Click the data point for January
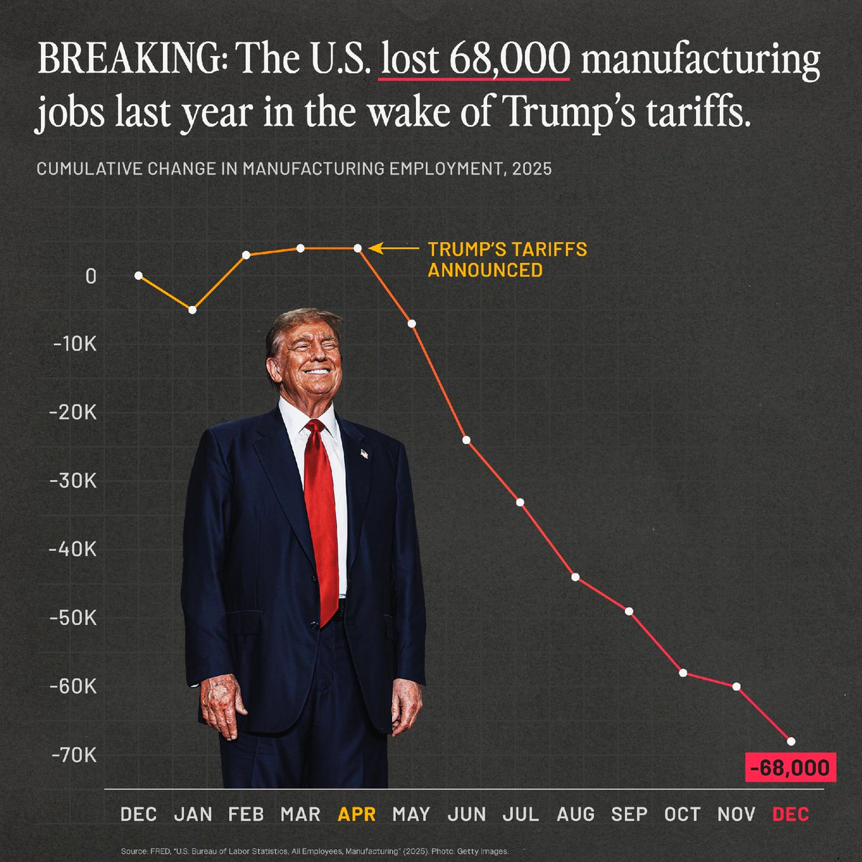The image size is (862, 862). click(x=193, y=310)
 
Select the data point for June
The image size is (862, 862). click(x=466, y=440)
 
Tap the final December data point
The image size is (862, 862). click(x=791, y=741)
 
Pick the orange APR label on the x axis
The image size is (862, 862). click(x=357, y=815)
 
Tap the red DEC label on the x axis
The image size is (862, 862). click(x=791, y=815)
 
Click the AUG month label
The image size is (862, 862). click(x=575, y=815)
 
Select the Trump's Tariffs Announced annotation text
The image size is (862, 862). click(x=507, y=260)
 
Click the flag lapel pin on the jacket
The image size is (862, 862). click(x=364, y=454)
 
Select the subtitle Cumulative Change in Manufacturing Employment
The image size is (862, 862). click(x=294, y=170)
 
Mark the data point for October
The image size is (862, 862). click(x=683, y=673)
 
